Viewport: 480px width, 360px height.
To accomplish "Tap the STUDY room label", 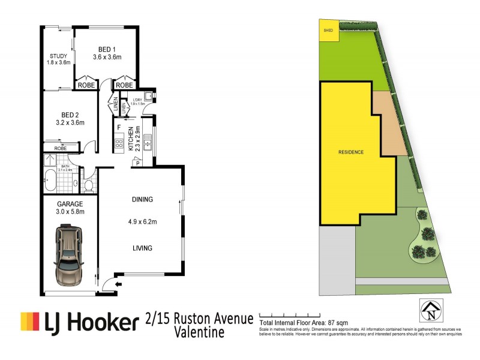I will (59, 58).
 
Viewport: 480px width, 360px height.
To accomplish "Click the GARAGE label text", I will (70, 203).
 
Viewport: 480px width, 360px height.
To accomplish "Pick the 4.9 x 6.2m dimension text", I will (142, 223).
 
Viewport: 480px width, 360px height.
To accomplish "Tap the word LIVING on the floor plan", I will (142, 248).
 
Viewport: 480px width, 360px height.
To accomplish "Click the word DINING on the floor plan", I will (142, 199).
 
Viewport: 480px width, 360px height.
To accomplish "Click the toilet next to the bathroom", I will (89, 185).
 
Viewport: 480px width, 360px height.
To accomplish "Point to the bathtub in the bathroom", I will (50, 178).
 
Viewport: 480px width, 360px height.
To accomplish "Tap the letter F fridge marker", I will (119, 128).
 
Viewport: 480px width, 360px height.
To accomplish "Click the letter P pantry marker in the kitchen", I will (138, 161).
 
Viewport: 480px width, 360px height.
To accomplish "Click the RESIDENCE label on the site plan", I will (350, 152).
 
